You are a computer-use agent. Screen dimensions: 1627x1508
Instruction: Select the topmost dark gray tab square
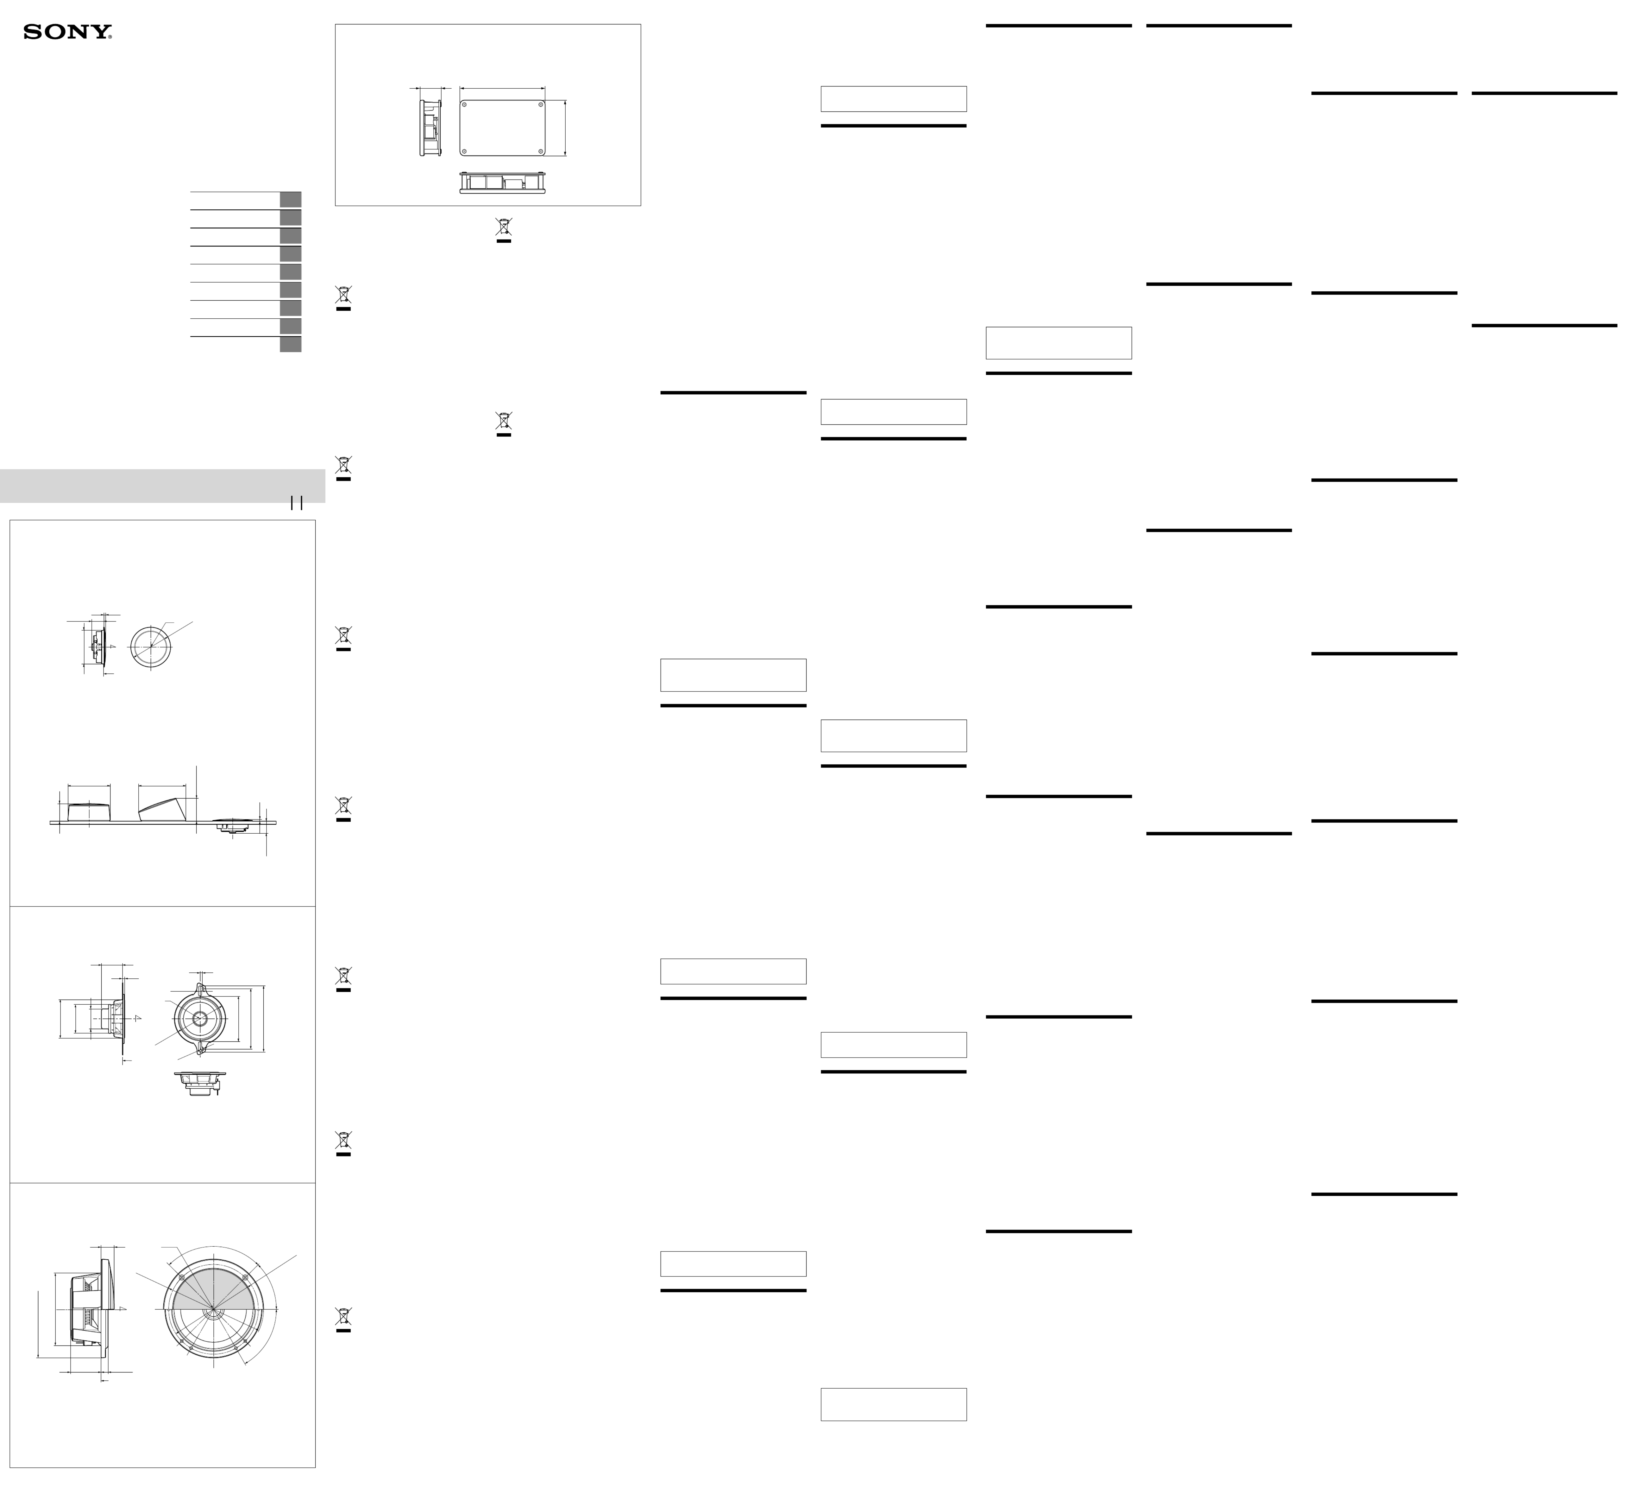coord(290,199)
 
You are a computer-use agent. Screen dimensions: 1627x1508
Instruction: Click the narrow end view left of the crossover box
coord(430,127)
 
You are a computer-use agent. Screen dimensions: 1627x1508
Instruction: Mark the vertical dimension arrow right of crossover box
coord(564,127)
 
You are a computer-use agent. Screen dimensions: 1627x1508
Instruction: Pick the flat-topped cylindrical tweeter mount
coord(90,812)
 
